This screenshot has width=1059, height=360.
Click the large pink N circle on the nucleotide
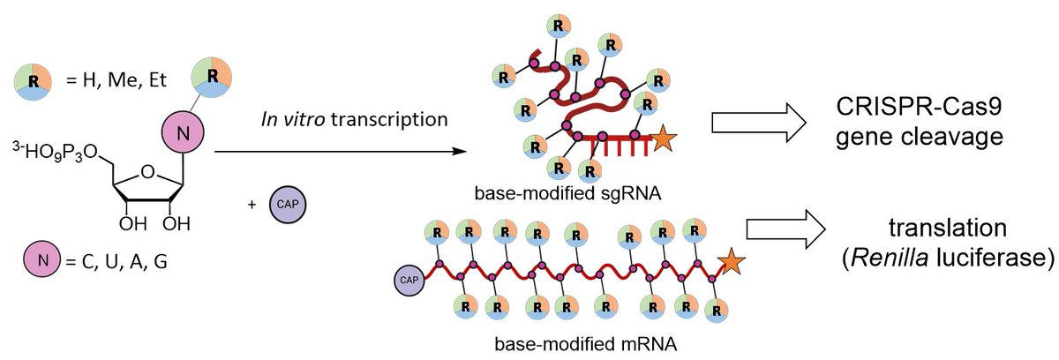tap(182, 134)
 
